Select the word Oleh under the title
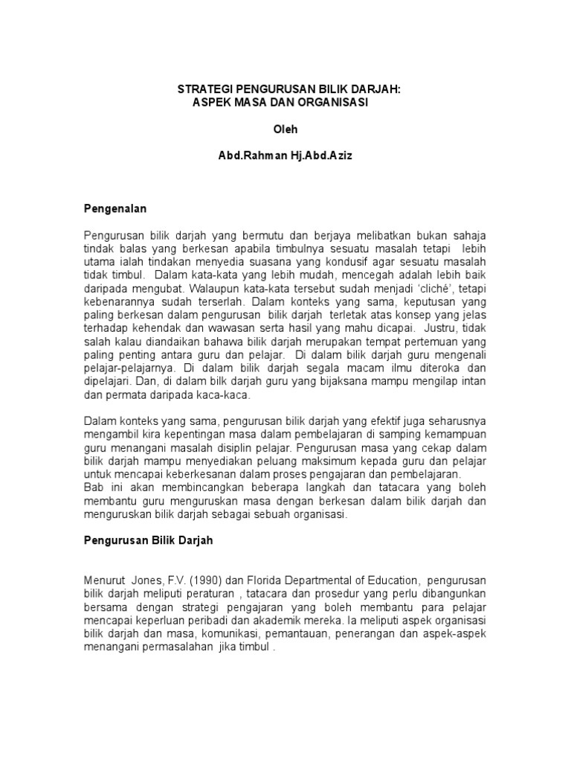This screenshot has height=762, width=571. click(x=285, y=129)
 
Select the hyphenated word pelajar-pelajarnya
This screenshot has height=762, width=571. click(x=128, y=368)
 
